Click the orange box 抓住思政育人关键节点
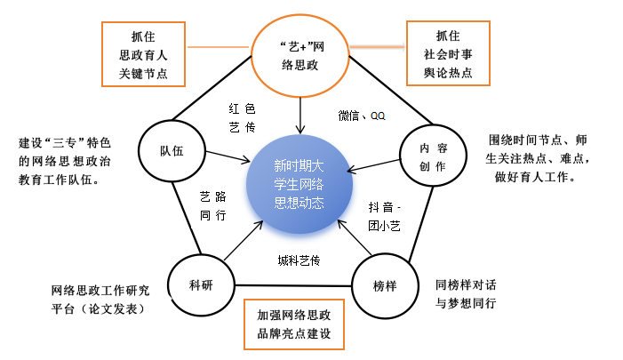coord(141,54)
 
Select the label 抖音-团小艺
coord(385,216)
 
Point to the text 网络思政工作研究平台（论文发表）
coord(100,299)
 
